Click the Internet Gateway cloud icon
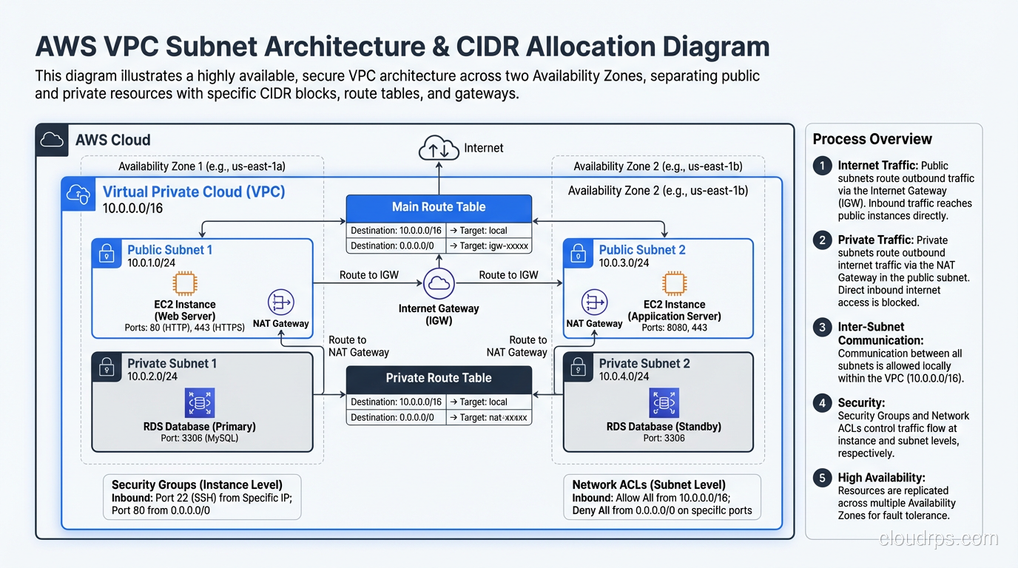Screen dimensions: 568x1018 point(439,283)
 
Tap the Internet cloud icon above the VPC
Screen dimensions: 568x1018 point(439,149)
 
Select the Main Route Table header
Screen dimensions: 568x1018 point(439,207)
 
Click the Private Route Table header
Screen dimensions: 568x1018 point(439,378)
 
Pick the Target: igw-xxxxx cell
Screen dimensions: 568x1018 point(488,246)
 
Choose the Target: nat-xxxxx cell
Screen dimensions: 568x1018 point(488,417)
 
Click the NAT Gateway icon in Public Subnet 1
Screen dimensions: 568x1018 point(280,302)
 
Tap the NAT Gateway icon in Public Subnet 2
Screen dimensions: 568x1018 point(594,302)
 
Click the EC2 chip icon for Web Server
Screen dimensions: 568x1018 point(185,284)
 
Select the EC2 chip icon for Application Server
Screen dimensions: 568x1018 point(674,284)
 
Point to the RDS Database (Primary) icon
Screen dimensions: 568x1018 point(200,403)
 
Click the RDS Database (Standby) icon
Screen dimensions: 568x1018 point(664,403)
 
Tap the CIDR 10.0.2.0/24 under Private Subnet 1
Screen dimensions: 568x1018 point(152,376)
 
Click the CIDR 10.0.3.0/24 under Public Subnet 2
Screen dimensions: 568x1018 point(624,263)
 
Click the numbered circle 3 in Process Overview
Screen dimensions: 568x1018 point(822,327)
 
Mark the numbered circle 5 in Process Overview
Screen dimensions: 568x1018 point(822,479)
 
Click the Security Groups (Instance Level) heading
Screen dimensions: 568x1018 point(197,484)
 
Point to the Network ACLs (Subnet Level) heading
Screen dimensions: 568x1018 point(649,484)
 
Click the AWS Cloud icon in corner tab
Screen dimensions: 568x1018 point(52,140)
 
